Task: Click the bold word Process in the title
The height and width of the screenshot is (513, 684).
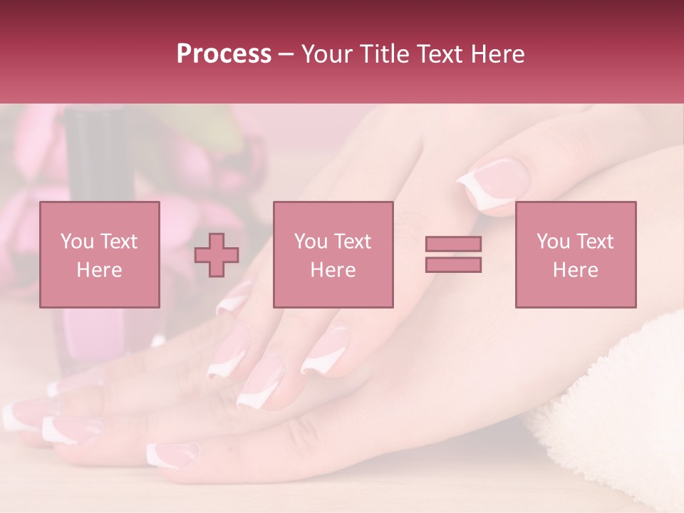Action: tap(224, 54)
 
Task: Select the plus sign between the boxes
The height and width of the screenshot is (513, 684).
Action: tap(217, 255)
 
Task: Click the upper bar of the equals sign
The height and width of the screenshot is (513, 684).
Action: tap(453, 244)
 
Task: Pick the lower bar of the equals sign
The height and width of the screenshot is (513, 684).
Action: tap(453, 264)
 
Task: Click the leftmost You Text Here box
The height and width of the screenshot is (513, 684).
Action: tap(100, 254)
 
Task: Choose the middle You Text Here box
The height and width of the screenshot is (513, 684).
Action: tap(333, 254)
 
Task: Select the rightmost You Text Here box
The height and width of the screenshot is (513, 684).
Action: tap(576, 254)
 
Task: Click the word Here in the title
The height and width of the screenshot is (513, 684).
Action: tap(496, 54)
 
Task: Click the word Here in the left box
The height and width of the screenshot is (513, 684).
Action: tap(100, 270)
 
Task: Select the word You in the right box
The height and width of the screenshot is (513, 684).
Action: tap(553, 242)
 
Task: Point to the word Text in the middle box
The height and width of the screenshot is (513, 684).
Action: tap(352, 242)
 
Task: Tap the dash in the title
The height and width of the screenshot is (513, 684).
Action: tap(286, 54)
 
